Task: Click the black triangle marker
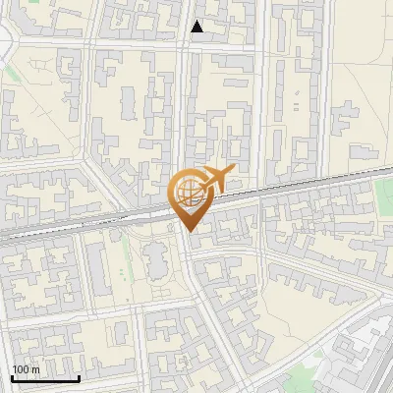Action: [x=197, y=27]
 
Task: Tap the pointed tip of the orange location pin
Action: [x=187, y=229]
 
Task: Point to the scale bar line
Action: [x=45, y=378]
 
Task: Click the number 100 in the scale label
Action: [x=22, y=369]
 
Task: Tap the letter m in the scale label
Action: [x=35, y=369]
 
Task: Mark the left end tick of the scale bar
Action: [x=12, y=377]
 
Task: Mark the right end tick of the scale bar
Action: [x=79, y=377]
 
